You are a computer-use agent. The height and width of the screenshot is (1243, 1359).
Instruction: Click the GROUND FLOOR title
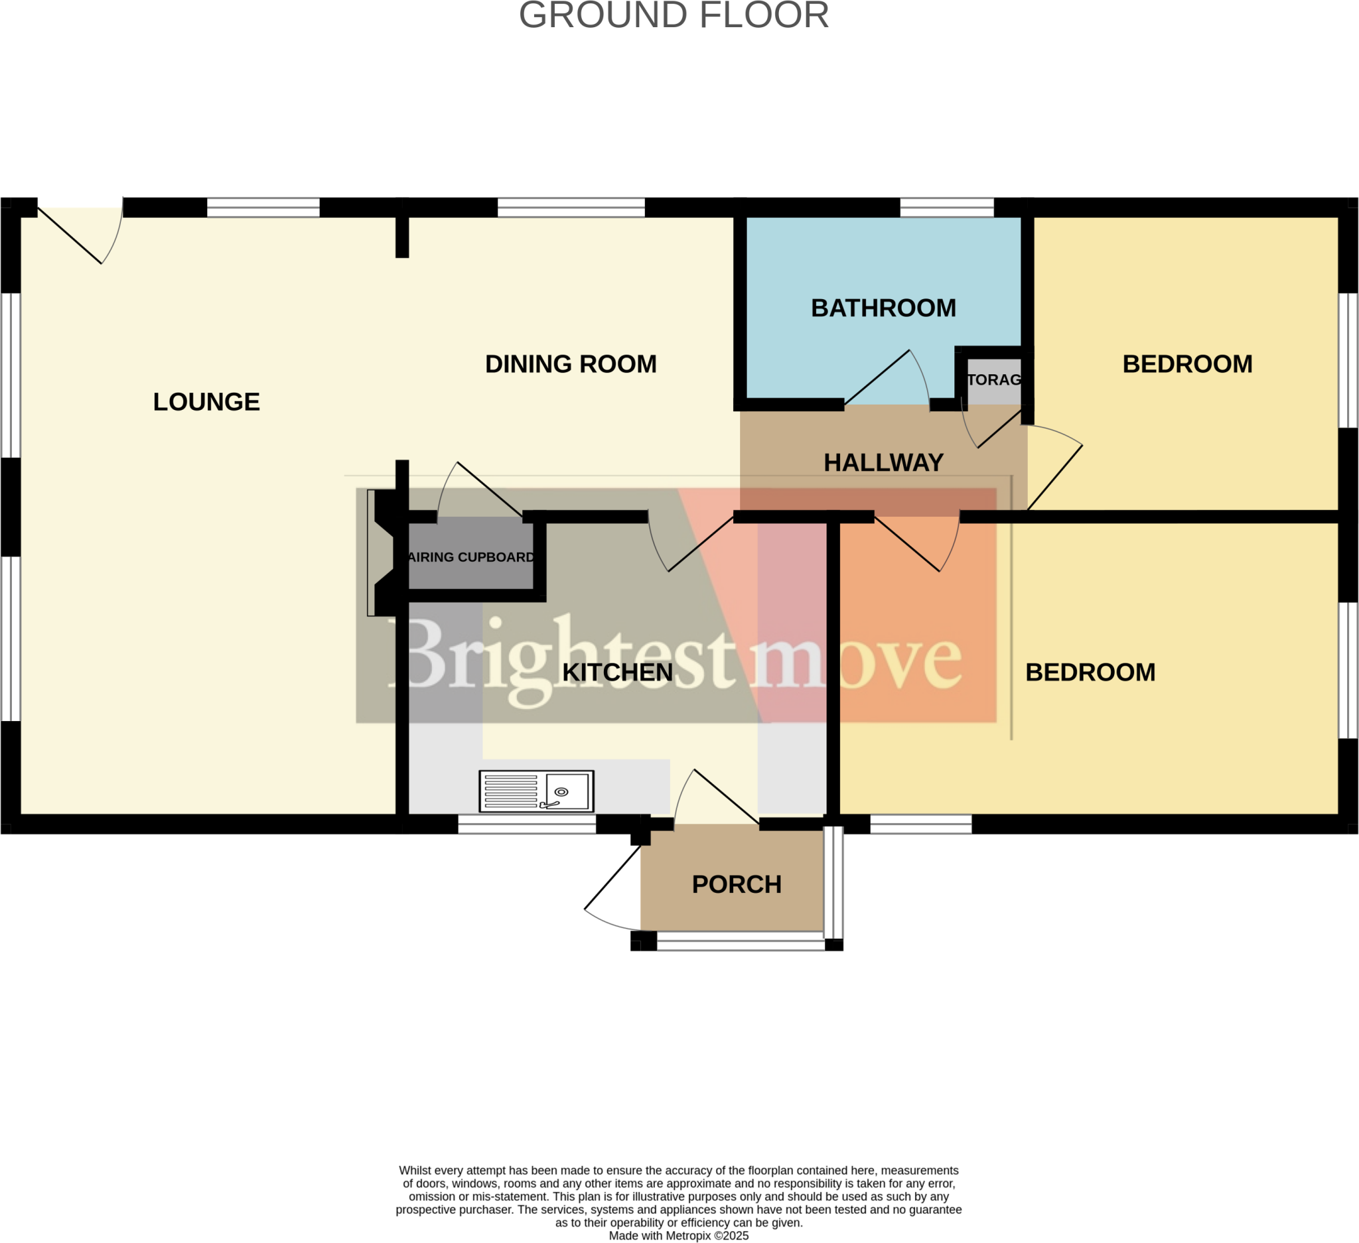pos(674,15)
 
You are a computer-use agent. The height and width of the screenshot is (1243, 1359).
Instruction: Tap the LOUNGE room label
pos(206,402)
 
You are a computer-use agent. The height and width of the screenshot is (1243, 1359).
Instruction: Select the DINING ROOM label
pos(570,365)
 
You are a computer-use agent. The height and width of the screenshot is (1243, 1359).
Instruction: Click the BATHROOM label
pos(883,308)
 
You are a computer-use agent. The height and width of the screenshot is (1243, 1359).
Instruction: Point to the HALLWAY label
pos(883,463)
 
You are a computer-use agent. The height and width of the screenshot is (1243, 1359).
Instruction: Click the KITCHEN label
pos(617,673)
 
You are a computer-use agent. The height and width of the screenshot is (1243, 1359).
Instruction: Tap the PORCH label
pos(736,885)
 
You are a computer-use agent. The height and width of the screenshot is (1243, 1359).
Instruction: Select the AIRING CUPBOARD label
pos(470,557)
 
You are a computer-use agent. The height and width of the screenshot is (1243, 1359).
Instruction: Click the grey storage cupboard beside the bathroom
pos(993,381)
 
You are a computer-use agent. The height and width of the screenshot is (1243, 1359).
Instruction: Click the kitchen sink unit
pos(536,791)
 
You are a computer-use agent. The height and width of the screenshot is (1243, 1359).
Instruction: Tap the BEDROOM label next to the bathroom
pos(1187,365)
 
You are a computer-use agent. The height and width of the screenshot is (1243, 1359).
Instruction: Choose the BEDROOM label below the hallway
pos(1090,673)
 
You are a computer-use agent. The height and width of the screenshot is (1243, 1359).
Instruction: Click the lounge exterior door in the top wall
pos(78,232)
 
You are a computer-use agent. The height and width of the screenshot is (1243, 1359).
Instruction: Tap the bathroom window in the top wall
pos(946,208)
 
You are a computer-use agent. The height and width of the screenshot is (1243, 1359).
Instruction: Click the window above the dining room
pos(571,208)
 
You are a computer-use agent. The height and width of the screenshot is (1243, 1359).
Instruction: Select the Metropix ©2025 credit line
pos(678,1236)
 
